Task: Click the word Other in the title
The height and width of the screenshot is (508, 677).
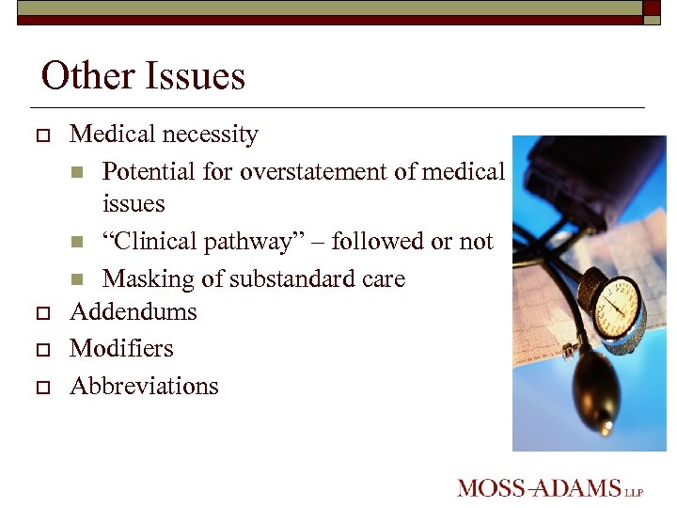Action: pyautogui.click(x=87, y=76)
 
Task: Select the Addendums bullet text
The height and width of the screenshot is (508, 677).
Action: pyautogui.click(x=134, y=311)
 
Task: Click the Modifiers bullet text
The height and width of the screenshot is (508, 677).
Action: pyautogui.click(x=122, y=349)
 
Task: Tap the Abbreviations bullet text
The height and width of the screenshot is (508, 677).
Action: pyautogui.click(x=144, y=387)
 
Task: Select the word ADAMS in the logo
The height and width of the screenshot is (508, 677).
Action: pyautogui.click(x=578, y=488)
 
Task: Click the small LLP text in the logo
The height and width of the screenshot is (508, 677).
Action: pyautogui.click(x=635, y=491)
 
